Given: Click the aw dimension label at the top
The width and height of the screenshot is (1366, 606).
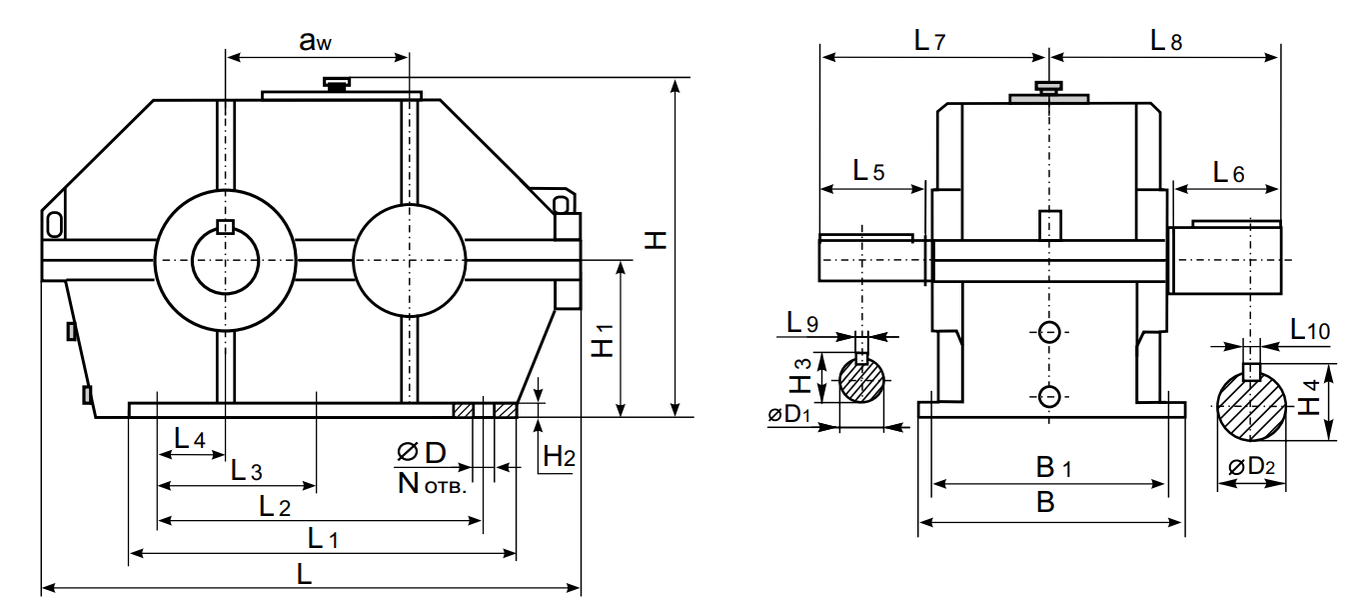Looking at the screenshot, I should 316,41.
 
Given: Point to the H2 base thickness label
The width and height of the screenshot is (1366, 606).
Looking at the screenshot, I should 559,457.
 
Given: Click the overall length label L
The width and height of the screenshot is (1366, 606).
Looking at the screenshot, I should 305,574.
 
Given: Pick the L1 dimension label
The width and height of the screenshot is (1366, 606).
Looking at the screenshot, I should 322,539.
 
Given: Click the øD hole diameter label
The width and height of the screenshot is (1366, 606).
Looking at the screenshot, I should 421,453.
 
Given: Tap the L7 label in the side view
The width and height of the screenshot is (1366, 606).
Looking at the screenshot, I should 929,41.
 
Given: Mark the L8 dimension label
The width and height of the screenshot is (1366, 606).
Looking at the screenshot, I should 1165,41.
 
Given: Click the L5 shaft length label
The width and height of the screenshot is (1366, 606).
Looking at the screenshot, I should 868,171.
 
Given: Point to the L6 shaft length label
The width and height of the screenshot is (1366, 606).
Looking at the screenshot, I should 1228,172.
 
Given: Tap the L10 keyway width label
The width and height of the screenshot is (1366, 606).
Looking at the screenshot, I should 1309,329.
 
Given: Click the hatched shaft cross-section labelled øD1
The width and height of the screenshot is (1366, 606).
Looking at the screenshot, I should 861,380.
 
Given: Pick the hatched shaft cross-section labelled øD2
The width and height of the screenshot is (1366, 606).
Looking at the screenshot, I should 1250,404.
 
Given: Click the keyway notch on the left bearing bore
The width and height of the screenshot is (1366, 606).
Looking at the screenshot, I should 226,227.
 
